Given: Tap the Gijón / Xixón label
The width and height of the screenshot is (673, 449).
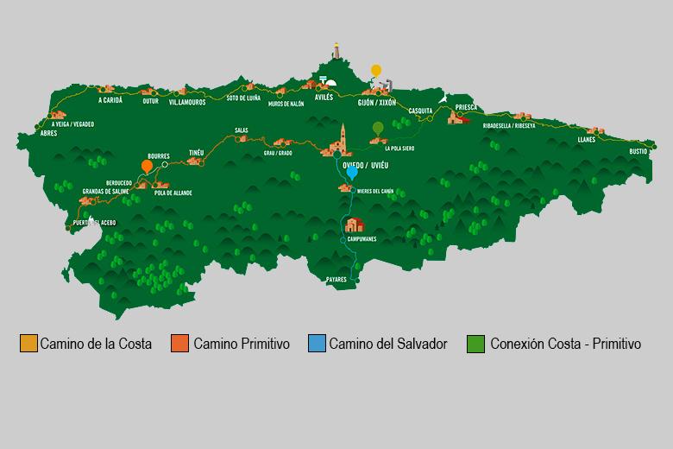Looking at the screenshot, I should coord(377,102).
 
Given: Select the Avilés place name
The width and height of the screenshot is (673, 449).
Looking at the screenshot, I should coord(324,98).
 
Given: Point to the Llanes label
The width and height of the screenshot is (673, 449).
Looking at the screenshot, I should coord(588,138).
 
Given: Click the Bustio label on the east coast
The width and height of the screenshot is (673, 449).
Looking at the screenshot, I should coord(638,151).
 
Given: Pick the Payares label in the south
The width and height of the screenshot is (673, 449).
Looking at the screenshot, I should coord(336,280).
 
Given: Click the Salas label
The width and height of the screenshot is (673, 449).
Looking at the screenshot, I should coord(241,131).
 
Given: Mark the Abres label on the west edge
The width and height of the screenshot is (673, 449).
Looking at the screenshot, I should coord(48,133).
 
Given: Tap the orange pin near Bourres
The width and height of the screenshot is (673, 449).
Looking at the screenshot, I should coord(147,166).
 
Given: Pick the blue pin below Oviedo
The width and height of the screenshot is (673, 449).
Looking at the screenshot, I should coord(352,173).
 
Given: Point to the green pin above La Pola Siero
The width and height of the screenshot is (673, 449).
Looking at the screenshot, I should coord(377,129).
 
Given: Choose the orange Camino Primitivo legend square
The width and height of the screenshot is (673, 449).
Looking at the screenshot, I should coord(180,344).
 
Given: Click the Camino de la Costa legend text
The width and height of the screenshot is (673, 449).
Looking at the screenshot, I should coord(96,344).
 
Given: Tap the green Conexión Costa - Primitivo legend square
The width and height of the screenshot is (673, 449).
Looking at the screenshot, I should coord(475,344).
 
